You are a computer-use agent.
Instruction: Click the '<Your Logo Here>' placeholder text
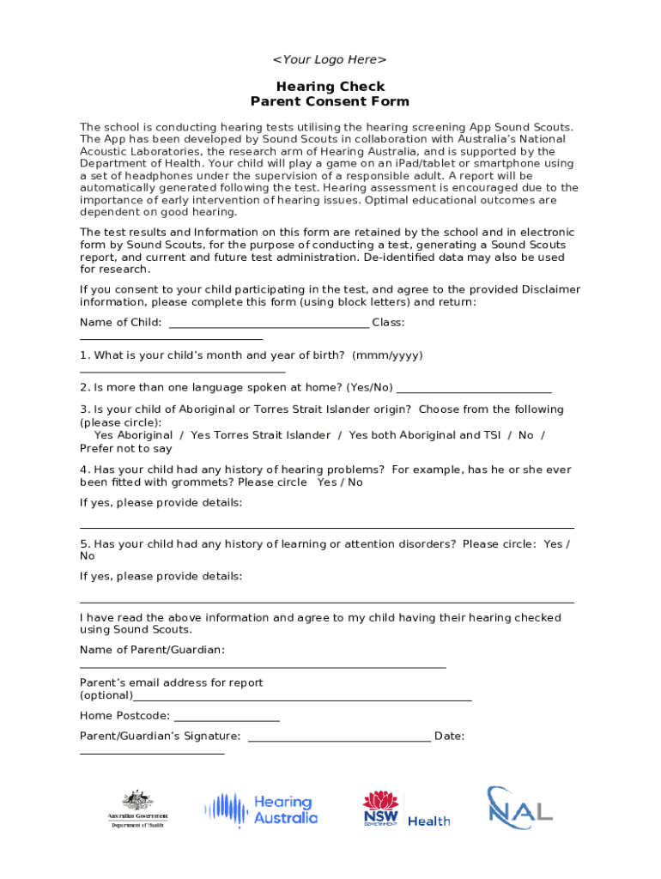[330, 59]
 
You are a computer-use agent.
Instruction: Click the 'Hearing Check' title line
[330, 87]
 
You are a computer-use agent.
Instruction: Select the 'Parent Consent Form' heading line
[330, 101]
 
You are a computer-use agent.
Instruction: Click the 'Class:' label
[388, 323]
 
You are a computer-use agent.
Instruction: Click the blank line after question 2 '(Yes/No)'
[475, 391]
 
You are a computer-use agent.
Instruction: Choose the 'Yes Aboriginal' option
[133, 435]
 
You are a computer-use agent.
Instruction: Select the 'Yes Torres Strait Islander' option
[260, 435]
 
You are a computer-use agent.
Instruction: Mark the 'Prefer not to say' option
[126, 448]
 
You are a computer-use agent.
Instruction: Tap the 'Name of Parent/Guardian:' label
[153, 650]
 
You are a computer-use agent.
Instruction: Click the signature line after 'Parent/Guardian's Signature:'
[339, 739]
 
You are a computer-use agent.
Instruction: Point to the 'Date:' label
[450, 736]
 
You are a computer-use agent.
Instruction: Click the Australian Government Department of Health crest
[137, 809]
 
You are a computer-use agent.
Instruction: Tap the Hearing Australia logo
[261, 809]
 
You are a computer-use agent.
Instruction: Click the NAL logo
[520, 808]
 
